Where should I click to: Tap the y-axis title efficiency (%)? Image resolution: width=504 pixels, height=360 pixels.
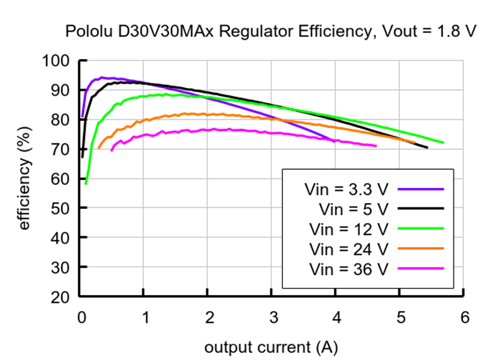24,178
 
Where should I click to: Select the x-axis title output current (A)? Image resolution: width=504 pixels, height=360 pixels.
271,347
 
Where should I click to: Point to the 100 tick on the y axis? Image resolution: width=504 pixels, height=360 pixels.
57,61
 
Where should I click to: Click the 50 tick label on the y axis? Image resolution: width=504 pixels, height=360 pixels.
60,208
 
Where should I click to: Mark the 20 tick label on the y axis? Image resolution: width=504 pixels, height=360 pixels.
60,297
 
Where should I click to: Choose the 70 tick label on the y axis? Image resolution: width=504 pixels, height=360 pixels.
60,149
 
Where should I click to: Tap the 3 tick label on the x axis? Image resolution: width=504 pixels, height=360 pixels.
272,318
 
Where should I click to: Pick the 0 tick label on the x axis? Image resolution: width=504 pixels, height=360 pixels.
81,318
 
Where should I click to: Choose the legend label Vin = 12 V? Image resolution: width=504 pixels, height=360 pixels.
348,229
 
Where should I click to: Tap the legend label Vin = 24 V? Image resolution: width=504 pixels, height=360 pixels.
348,249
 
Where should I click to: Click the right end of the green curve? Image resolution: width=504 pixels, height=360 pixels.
443,143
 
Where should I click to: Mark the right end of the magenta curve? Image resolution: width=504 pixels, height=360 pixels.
376,146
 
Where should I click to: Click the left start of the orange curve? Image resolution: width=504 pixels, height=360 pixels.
99,148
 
